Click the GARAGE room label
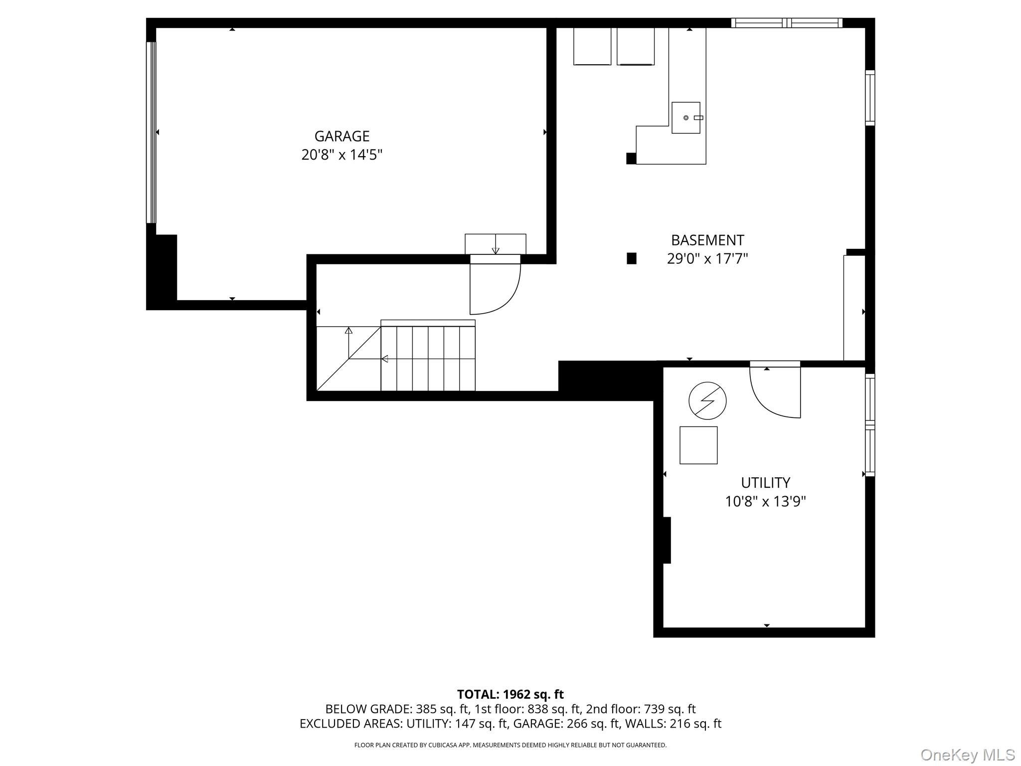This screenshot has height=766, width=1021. [x=341, y=136]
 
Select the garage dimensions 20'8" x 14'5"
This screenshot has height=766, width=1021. [x=341, y=155]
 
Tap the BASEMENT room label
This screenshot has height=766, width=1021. [x=707, y=240]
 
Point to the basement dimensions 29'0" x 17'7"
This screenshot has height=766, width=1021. [x=707, y=259]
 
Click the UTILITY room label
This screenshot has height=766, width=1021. [x=765, y=483]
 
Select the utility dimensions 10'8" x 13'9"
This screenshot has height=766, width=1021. [x=765, y=501]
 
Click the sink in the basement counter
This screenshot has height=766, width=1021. [x=685, y=118]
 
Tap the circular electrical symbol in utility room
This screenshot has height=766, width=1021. [x=707, y=400]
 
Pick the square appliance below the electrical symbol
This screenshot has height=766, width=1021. [x=698, y=445]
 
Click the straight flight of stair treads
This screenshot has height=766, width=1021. [x=428, y=358]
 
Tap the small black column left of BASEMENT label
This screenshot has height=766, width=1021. [x=631, y=258]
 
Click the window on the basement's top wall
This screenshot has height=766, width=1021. [x=786, y=23]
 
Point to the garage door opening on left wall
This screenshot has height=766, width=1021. [x=151, y=132]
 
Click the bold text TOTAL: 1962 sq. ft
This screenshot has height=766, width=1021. [x=510, y=694]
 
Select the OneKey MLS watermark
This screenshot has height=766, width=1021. [x=967, y=755]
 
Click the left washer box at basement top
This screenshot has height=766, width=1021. [x=592, y=46]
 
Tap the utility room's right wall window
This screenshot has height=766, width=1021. [x=869, y=425]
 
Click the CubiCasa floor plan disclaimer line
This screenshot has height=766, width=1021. [x=510, y=745]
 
